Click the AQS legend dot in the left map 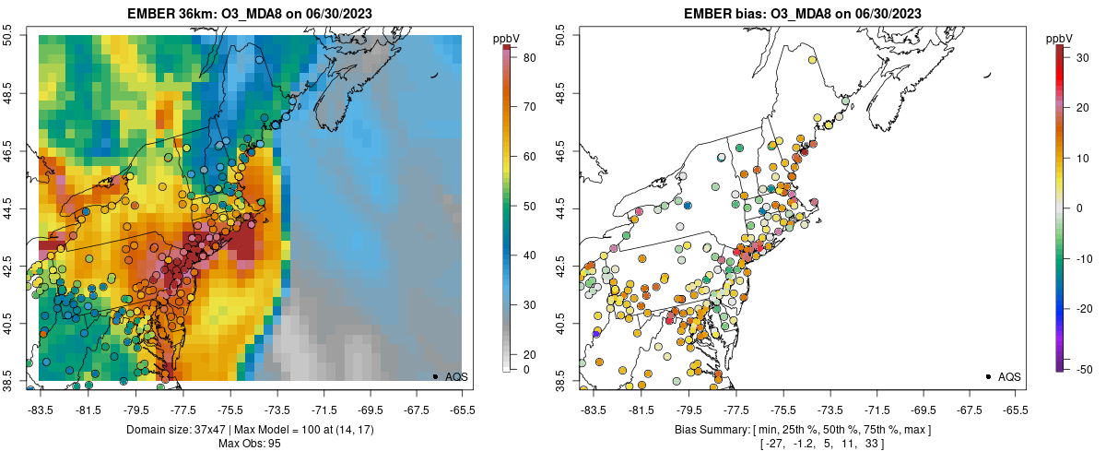[x=434, y=376]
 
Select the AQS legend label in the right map [x=1010, y=376]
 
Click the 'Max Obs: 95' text [x=250, y=444]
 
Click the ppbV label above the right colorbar [x=1060, y=38]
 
